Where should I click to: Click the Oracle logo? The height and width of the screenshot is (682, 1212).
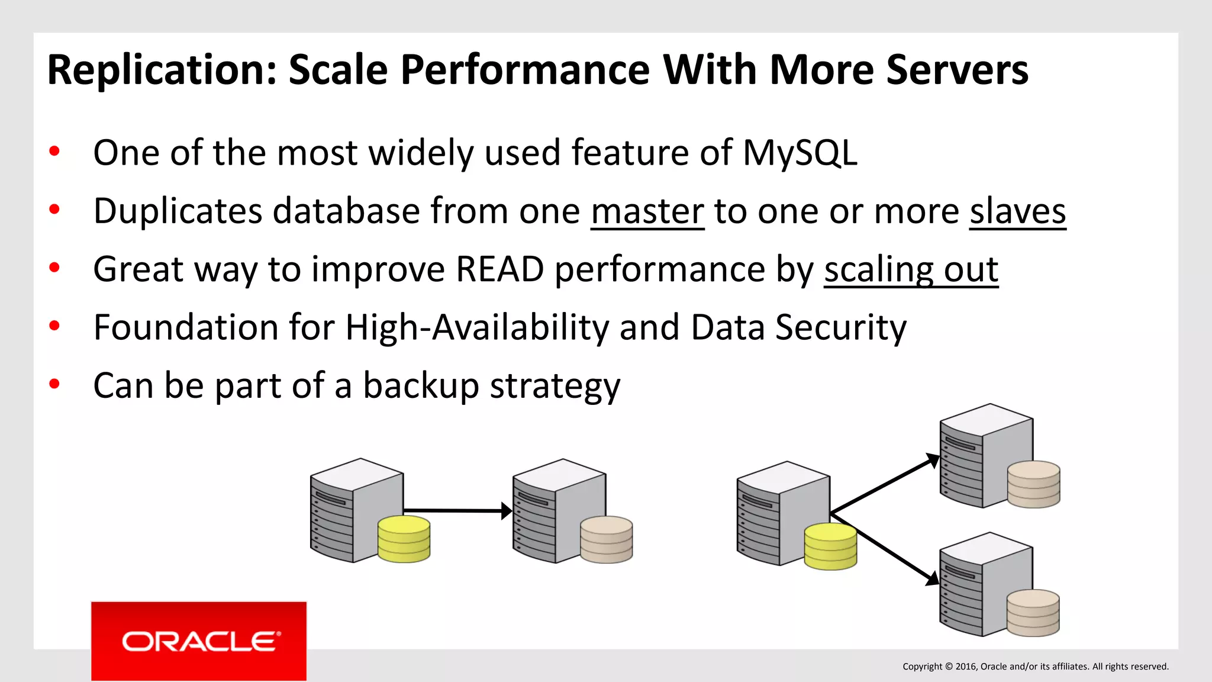click(199, 641)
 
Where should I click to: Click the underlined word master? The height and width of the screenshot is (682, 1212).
click(647, 211)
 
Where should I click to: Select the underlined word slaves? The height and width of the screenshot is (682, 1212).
click(1017, 211)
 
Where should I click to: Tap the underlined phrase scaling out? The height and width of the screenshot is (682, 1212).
click(911, 270)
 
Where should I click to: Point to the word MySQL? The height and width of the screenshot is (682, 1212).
click(799, 153)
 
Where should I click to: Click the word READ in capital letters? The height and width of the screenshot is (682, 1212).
click(499, 269)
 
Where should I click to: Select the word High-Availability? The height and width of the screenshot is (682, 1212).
click(476, 327)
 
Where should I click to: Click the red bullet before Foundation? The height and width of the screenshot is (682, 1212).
click(54, 326)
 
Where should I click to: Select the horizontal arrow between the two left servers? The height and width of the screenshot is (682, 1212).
click(456, 510)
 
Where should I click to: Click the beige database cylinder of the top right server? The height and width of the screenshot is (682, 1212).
click(1033, 484)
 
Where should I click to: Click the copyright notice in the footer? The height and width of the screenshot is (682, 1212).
click(1035, 667)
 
